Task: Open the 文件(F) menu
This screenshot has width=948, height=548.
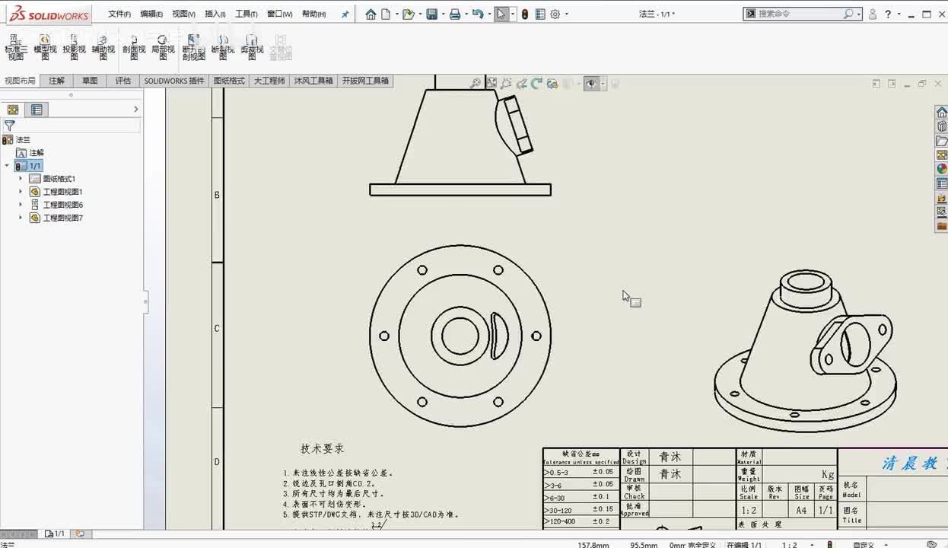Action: click(119, 14)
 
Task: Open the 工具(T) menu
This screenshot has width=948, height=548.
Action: click(246, 14)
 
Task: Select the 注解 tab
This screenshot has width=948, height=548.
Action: click(57, 81)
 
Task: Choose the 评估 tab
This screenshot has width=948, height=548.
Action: click(122, 81)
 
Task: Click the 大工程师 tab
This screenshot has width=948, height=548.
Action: click(269, 81)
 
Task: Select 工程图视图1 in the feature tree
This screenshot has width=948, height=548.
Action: click(62, 192)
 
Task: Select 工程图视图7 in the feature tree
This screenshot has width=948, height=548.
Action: click(62, 218)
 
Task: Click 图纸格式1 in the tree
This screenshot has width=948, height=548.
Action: click(59, 179)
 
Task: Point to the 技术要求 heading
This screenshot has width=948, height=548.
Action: click(322, 449)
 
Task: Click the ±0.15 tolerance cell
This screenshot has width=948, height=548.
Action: click(603, 509)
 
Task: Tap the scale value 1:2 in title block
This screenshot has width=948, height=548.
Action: click(749, 511)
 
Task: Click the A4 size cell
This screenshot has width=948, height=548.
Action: click(801, 511)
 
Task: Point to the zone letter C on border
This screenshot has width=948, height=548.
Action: click(217, 329)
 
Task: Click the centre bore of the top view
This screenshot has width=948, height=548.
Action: click(460, 336)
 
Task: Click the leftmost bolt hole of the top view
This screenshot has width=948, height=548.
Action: click(384, 336)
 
